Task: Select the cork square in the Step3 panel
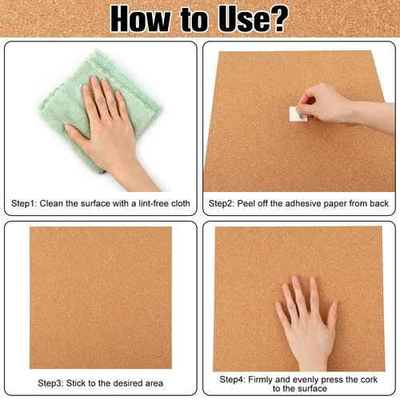click(100, 296)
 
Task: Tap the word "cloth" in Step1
click(181, 204)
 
